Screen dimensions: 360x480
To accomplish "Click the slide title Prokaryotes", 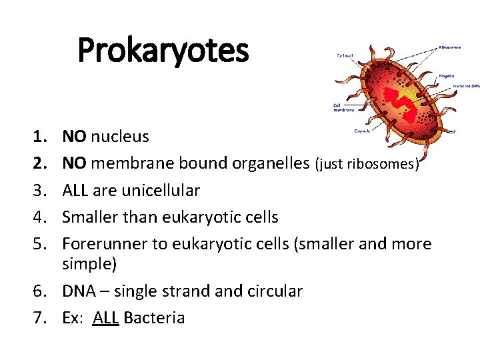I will click(163, 50).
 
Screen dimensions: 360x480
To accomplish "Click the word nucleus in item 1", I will click(120, 137).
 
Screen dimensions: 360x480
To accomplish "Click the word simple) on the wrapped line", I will click(89, 264).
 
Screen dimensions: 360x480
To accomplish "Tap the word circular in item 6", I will click(274, 291).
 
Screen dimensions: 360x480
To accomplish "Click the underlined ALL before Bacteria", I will click(106, 318).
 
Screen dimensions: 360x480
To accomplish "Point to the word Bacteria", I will click(154, 318).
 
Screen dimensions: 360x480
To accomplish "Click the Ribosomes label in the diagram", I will click(451, 48).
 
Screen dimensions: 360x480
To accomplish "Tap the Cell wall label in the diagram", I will click(345, 56).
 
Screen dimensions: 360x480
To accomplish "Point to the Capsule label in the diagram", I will click(363, 131).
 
